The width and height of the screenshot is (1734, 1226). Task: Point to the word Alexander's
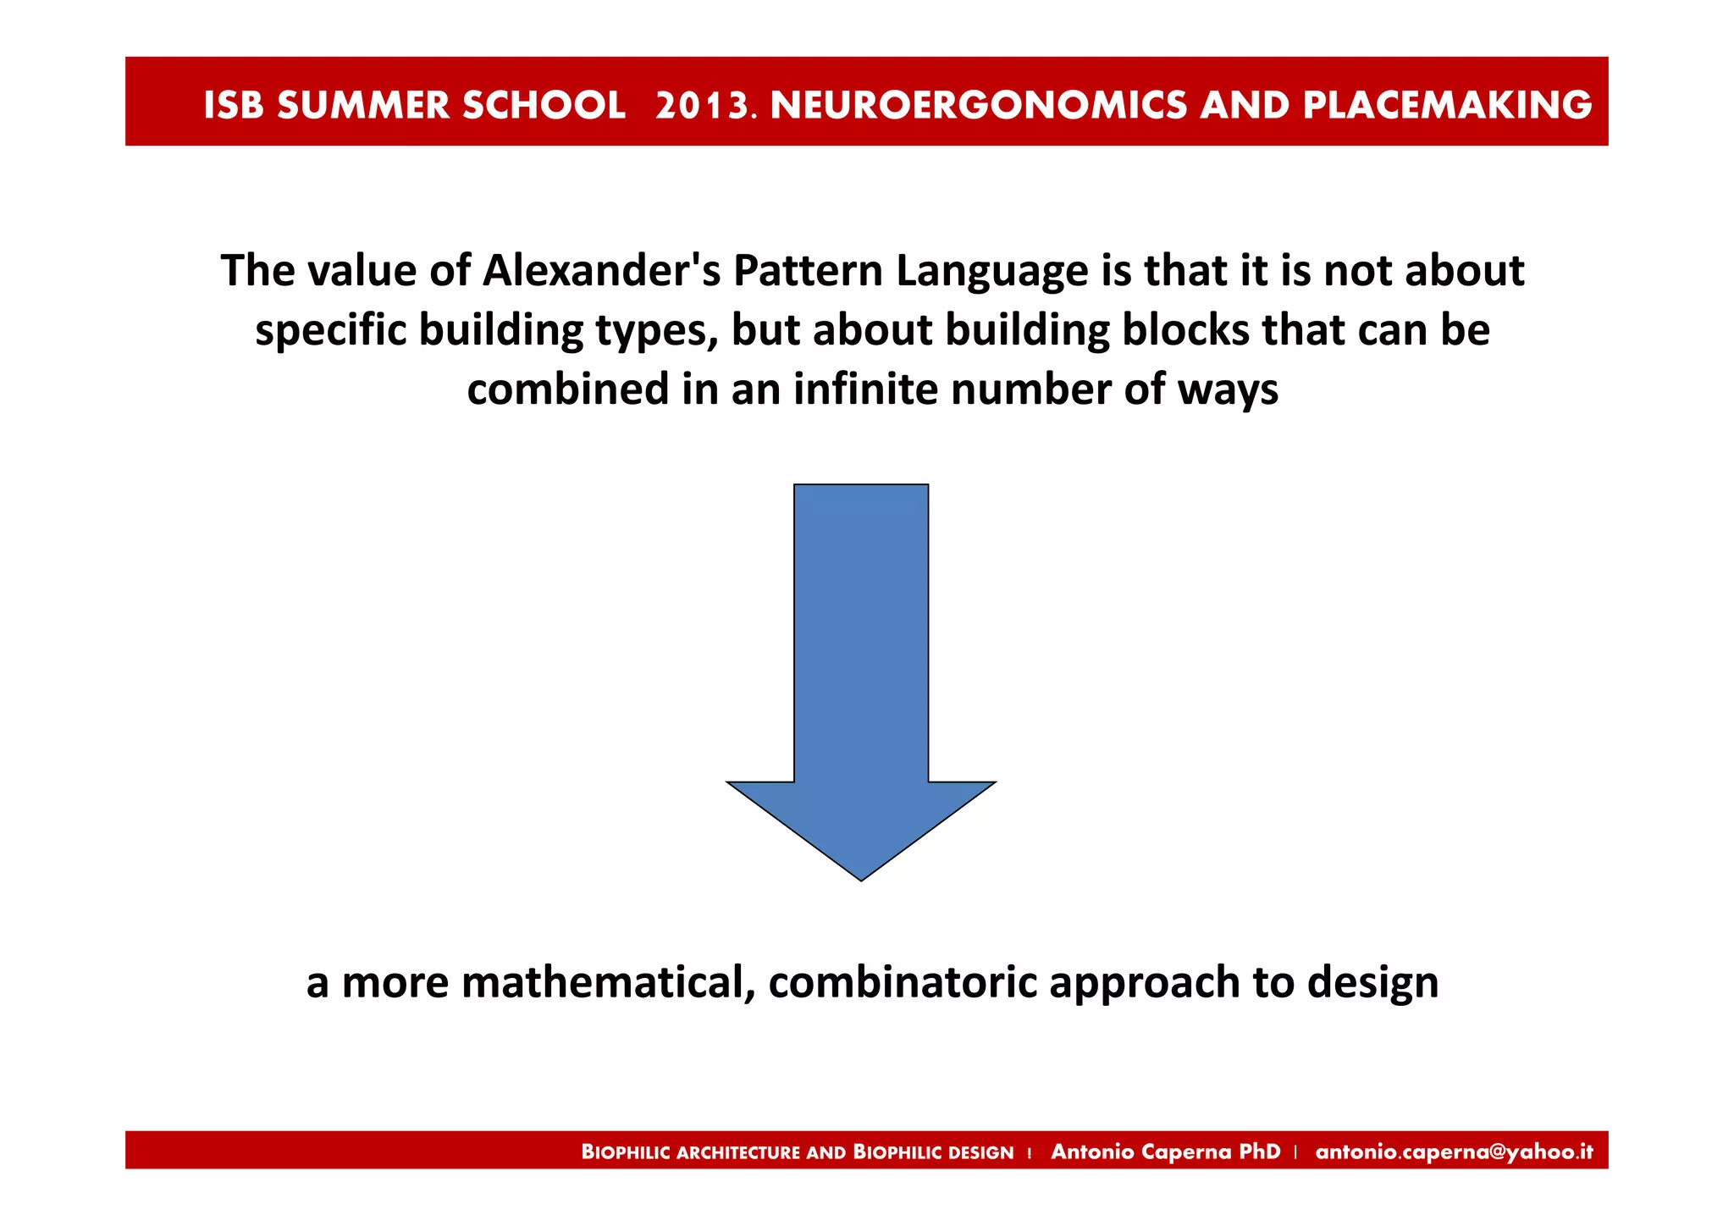point(600,271)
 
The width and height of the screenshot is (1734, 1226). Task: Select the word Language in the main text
point(991,273)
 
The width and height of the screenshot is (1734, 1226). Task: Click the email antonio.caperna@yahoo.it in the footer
point(1454,1151)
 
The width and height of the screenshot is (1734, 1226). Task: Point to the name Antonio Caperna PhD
point(1165,1151)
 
